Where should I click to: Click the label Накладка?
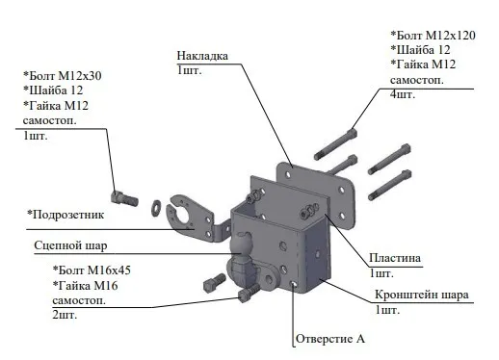click(x=202, y=56)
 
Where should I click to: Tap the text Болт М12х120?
click(x=436, y=36)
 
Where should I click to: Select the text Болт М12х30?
click(x=66, y=76)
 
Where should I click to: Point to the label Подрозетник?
click(x=68, y=215)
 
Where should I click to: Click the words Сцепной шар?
click(x=70, y=245)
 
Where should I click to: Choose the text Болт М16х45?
click(x=94, y=270)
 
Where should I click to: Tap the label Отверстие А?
click(x=330, y=339)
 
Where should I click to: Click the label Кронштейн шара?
click(x=422, y=295)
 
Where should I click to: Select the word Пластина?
click(x=395, y=258)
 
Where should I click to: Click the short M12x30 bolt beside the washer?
click(x=124, y=199)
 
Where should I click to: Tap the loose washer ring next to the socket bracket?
click(x=156, y=208)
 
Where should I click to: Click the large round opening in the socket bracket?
click(x=184, y=213)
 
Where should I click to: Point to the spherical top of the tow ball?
click(x=242, y=243)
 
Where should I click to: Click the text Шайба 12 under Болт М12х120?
click(x=424, y=50)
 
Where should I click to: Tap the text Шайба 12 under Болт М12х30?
click(x=56, y=90)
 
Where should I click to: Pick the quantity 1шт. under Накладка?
click(x=189, y=70)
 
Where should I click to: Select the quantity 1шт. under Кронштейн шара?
click(x=387, y=310)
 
